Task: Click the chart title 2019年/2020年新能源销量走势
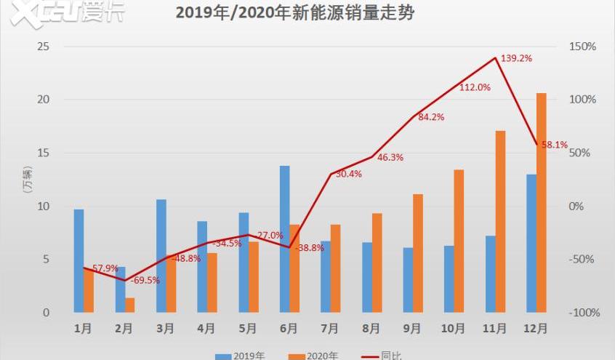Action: click(x=295, y=13)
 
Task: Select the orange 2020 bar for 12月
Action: click(x=541, y=203)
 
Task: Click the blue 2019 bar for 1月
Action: click(x=79, y=261)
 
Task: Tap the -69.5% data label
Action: click(x=145, y=280)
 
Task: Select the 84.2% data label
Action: click(x=431, y=117)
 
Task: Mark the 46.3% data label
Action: click(x=390, y=157)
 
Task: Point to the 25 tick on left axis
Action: click(x=44, y=47)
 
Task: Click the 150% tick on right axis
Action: click(x=582, y=47)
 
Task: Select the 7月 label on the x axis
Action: click(x=329, y=329)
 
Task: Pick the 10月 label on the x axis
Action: click(x=452, y=329)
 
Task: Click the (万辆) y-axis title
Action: click(x=27, y=180)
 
